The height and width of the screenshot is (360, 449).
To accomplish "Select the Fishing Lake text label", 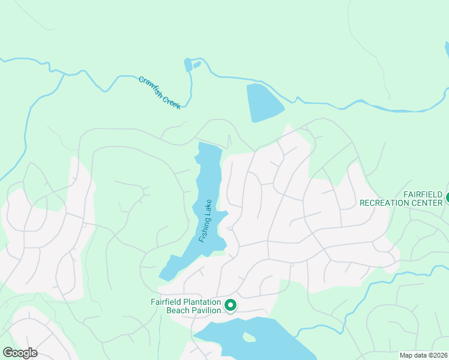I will click(x=206, y=221).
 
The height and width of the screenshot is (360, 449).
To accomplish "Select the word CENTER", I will click(x=426, y=203).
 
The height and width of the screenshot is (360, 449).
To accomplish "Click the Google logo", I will click(x=20, y=352).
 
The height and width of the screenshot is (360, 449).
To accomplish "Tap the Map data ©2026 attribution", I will click(x=423, y=355).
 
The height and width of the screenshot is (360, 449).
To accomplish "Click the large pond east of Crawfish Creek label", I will click(x=264, y=102).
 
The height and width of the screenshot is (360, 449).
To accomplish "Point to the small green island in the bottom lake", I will click(x=249, y=338).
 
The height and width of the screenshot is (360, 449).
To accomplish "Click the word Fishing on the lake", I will click(x=203, y=229).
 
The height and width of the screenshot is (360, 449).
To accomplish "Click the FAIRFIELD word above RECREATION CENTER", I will click(x=423, y=195).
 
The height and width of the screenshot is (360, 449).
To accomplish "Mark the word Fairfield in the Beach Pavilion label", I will click(x=165, y=302).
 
